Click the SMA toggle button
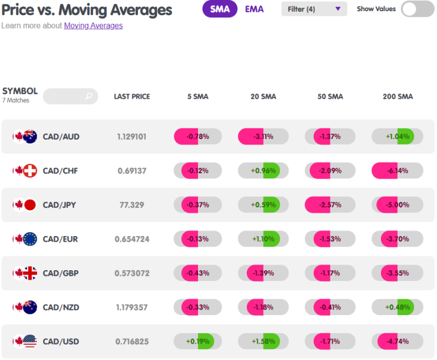coord(219,9)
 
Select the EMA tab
coord(254,9)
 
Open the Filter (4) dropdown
coord(314,9)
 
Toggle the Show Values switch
coord(417,9)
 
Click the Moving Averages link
coord(93,26)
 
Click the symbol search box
coord(71,96)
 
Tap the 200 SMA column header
coord(398,96)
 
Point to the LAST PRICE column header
coord(132,96)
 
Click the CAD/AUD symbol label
coord(61,136)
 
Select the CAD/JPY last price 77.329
coord(132,205)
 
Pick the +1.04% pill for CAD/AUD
coord(397,136)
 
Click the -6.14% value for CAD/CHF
coord(397,170)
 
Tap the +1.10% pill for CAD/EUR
coord(263,239)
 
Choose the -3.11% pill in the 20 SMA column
coord(263,136)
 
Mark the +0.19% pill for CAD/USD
coord(197,341)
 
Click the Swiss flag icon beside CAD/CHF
coord(30,170)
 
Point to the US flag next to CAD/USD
coord(30,341)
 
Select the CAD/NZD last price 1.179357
coord(132,307)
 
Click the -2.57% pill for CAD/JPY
coord(330,205)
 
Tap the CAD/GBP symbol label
coord(61,273)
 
